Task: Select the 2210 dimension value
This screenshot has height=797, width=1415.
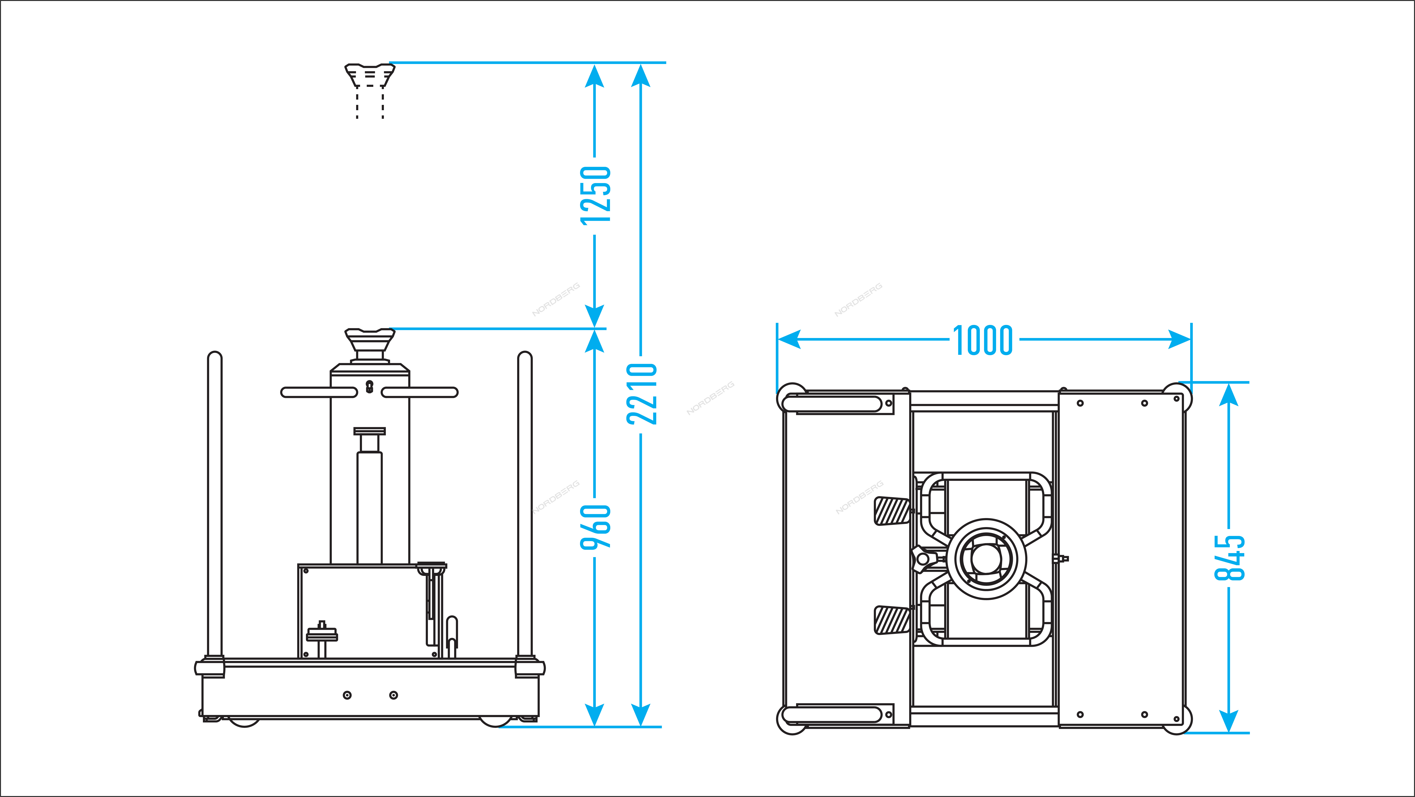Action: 642,394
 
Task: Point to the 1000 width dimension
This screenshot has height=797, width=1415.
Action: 983,340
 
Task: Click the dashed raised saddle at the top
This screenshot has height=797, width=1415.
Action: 370,91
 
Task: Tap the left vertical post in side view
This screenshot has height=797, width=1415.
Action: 215,505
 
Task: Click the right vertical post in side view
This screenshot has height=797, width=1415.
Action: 525,505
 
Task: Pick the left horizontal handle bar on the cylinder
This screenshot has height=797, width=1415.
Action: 319,392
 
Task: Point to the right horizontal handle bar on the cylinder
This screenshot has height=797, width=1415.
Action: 420,392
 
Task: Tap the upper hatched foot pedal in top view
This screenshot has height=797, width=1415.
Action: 892,511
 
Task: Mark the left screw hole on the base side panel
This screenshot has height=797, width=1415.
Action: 347,695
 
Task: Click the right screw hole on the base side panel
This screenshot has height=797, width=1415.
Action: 393,695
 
